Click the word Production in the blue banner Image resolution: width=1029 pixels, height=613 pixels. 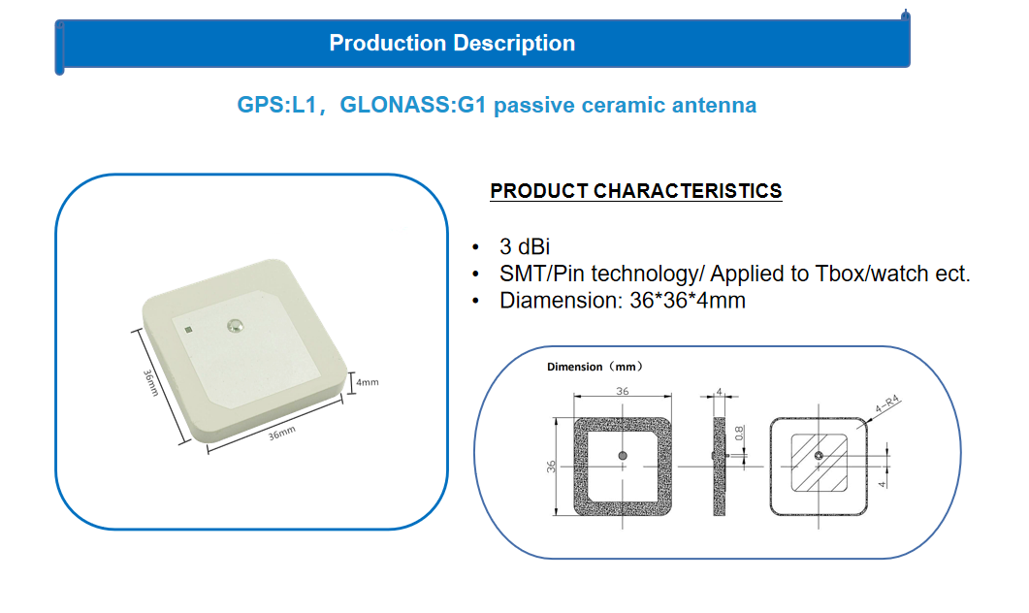(387, 44)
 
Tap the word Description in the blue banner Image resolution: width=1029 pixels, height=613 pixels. (514, 44)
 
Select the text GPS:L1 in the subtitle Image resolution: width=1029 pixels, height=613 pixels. (276, 105)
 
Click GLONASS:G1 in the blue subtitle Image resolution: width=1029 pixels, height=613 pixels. (413, 105)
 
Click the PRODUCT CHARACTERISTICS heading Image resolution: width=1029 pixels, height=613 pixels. (636, 191)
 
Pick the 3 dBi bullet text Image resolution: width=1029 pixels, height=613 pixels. (525, 246)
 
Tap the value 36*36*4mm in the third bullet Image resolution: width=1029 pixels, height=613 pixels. (687, 301)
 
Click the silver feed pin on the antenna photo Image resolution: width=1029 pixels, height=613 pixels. (235, 325)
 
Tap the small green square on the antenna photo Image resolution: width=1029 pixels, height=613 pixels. (188, 330)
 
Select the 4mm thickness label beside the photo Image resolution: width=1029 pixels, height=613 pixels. (367, 382)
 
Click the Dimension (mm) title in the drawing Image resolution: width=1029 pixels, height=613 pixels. (595, 367)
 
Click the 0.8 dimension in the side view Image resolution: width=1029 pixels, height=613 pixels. (740, 434)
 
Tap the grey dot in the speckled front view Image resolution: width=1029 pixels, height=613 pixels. (622, 456)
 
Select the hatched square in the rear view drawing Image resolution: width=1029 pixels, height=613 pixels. (819, 463)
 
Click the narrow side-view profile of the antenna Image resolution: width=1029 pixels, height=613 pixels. (720, 467)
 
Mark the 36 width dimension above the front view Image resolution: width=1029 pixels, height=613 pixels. (622, 391)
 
